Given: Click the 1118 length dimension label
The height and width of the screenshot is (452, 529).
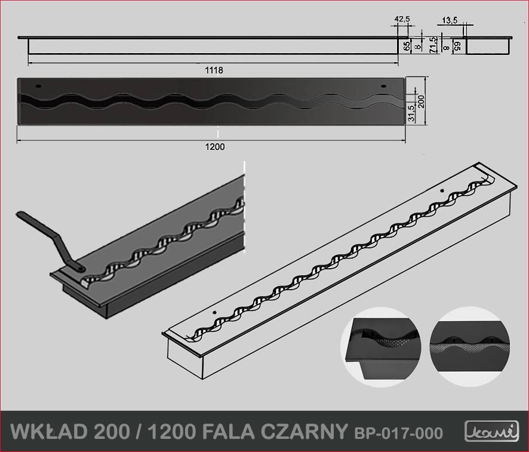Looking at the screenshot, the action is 214,70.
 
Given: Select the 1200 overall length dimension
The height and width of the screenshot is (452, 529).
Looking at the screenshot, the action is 215,147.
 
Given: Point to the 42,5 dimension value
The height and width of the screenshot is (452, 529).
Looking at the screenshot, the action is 402,19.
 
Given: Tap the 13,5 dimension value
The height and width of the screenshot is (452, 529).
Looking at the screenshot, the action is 450,20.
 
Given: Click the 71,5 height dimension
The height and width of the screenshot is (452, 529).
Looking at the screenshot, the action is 433,45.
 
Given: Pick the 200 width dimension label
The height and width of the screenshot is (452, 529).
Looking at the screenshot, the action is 421,102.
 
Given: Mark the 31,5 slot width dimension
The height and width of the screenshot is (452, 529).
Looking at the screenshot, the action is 411,113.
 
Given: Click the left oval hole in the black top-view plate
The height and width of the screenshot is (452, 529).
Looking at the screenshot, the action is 38,86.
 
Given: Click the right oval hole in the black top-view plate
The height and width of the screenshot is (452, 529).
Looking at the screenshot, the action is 383,86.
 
